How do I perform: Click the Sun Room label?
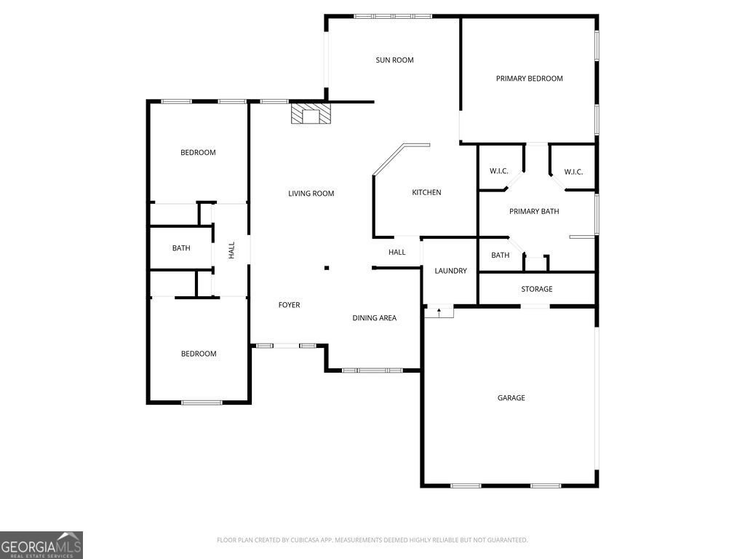(394, 60)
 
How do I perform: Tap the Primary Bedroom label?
(530, 79)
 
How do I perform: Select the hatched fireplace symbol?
(311, 114)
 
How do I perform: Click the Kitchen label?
(426, 192)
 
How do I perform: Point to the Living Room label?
(311, 193)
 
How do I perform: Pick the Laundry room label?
(450, 271)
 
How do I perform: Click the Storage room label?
(536, 289)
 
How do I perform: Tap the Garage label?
(511, 398)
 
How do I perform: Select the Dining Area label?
(375, 318)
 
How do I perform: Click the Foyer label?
(289, 305)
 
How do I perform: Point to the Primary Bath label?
(534, 211)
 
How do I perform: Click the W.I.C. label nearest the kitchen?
(499, 171)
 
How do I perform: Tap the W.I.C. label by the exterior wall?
(573, 172)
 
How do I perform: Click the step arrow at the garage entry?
(439, 312)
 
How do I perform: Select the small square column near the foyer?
(327, 268)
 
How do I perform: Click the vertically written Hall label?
(232, 250)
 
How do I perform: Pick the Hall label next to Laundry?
(397, 252)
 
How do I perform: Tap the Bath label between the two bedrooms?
(181, 248)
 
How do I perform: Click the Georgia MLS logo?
(41, 545)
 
